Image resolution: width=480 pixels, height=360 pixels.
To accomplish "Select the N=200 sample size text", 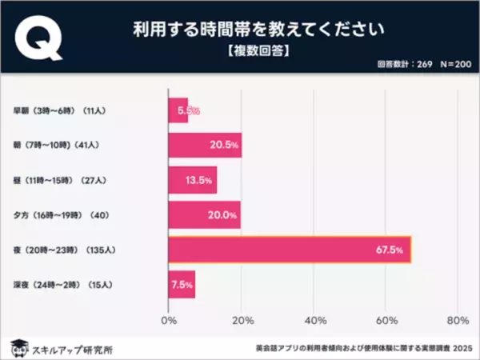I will tap(450, 66).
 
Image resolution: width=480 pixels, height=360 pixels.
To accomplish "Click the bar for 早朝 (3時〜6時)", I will tap(178, 109).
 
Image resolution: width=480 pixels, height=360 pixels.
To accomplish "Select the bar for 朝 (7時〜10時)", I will tap(204, 145).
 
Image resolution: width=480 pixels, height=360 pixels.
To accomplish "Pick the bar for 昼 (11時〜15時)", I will tap(192, 180).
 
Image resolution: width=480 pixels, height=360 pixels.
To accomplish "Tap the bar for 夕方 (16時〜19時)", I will tap(203, 214).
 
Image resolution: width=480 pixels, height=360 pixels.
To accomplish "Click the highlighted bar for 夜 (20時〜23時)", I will tap(289, 250).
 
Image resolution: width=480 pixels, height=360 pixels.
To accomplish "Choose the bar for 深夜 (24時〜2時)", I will tap(182, 284).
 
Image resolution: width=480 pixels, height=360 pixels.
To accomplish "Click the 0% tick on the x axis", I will tap(169, 321).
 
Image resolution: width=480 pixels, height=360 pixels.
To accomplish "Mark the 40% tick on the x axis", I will tap(314, 321).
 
